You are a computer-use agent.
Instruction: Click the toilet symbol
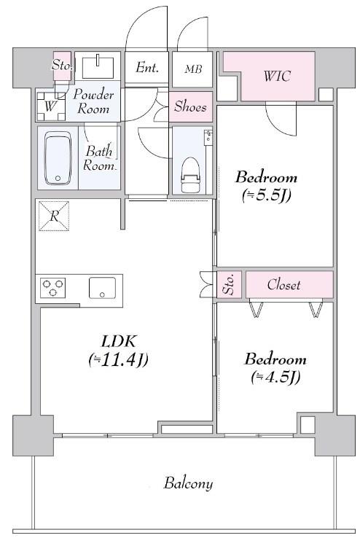(x=190, y=175)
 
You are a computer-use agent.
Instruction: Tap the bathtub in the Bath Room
(x=58, y=159)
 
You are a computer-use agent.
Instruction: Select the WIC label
(x=277, y=76)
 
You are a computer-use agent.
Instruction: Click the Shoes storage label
(x=190, y=106)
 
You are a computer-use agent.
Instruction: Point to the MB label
(x=193, y=69)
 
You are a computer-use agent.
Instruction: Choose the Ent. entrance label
(x=147, y=67)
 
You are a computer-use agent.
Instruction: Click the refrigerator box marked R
(x=54, y=217)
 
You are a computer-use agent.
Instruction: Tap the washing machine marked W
(x=51, y=106)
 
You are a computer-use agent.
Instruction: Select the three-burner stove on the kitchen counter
(x=52, y=287)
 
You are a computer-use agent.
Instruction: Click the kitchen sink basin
(x=102, y=287)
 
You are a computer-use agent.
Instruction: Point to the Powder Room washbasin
(x=98, y=66)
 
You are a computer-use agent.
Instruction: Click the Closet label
(x=284, y=285)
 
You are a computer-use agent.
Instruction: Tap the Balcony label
(x=188, y=483)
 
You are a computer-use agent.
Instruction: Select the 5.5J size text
(x=267, y=196)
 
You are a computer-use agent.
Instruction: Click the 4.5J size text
(x=275, y=378)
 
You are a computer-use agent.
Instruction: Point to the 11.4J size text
(x=118, y=360)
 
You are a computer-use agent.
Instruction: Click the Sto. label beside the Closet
(x=229, y=284)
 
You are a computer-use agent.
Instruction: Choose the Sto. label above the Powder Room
(x=62, y=65)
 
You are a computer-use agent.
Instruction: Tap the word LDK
(x=119, y=342)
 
